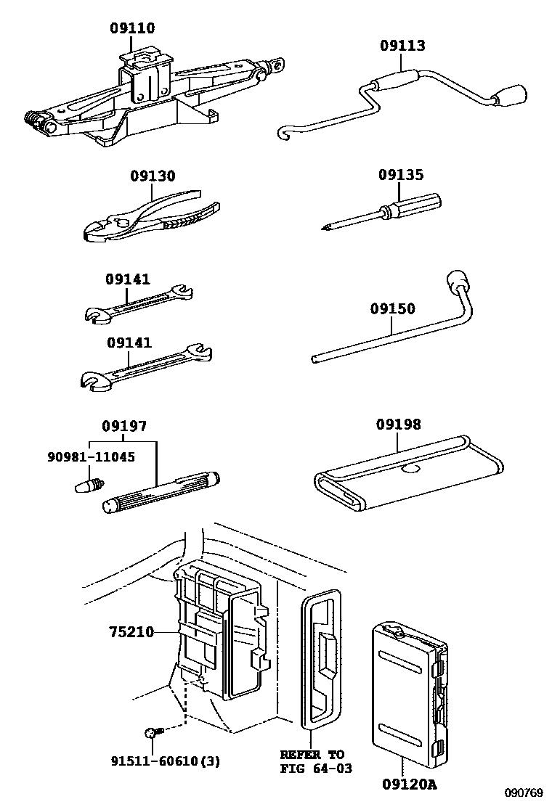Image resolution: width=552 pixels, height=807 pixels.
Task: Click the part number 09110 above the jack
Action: pyautogui.click(x=132, y=28)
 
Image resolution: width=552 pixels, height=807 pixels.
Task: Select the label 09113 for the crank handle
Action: pyautogui.click(x=402, y=46)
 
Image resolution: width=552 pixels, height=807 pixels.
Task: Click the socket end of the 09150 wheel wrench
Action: pyautogui.click(x=456, y=280)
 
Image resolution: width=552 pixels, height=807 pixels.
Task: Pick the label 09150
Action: pyautogui.click(x=392, y=309)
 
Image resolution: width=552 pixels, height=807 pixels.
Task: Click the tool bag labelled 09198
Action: pyautogui.click(x=407, y=475)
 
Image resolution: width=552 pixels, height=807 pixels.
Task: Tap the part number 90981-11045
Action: pyautogui.click(x=92, y=458)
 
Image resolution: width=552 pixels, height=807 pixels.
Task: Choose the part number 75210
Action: pyautogui.click(x=131, y=632)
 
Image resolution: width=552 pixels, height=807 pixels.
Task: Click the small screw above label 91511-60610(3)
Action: pyautogui.click(x=150, y=733)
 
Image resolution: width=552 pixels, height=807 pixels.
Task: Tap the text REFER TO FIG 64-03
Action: pyautogui.click(x=312, y=761)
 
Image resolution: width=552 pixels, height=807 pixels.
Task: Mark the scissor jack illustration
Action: pyautogui.click(x=145, y=98)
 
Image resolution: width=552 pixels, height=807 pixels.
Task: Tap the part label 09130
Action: pyautogui.click(x=153, y=176)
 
